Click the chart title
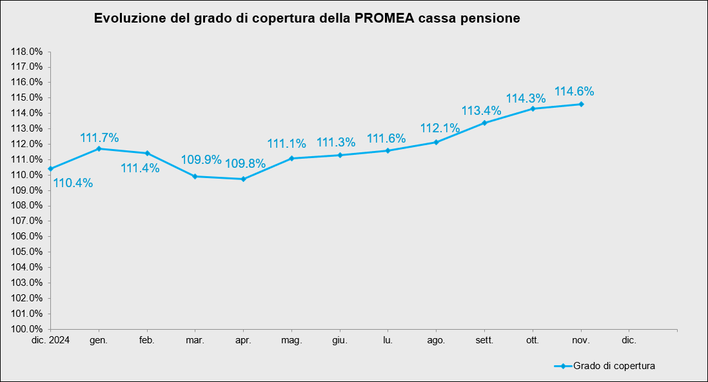coord(307,18)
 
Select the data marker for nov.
coord(581,104)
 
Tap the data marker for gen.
coord(99,149)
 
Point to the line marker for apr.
coord(243,179)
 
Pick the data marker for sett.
coord(484,123)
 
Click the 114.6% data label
coord(574,92)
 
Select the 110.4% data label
coord(73,183)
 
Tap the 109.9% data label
coord(201,159)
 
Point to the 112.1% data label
coord(440,128)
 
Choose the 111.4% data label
coord(140,168)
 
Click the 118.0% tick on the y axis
coord(27,52)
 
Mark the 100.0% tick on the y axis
coord(27,329)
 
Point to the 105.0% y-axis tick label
coord(27,252)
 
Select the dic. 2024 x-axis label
coord(51,339)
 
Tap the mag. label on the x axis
coord(291,339)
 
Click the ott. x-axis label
coord(533,339)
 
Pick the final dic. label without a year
coord(629,339)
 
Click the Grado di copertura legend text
coord(615,366)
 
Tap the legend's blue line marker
coord(562,366)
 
